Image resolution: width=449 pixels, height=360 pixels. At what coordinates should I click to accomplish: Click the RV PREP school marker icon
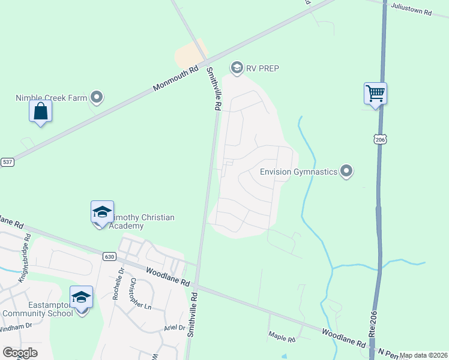click(237, 68)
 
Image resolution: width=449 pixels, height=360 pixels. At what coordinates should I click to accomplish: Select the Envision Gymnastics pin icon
click(346, 172)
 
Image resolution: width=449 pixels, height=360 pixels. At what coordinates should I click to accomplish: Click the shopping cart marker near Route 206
click(375, 94)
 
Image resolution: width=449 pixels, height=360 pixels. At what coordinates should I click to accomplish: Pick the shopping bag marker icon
click(40, 111)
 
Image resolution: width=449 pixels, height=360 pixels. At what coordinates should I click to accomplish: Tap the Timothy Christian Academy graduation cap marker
click(102, 212)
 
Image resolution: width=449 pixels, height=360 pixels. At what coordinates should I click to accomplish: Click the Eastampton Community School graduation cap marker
click(82, 298)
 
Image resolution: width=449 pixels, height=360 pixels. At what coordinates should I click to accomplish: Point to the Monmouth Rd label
click(175, 79)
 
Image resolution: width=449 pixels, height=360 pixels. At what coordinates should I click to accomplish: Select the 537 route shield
click(7, 162)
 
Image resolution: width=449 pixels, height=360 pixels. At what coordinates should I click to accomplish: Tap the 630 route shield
click(109, 256)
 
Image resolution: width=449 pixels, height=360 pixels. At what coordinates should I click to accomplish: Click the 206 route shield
click(379, 139)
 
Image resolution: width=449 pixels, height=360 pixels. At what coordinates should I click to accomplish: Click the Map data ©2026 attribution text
click(423, 355)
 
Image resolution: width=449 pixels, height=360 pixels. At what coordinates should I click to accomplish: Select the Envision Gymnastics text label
click(298, 172)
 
